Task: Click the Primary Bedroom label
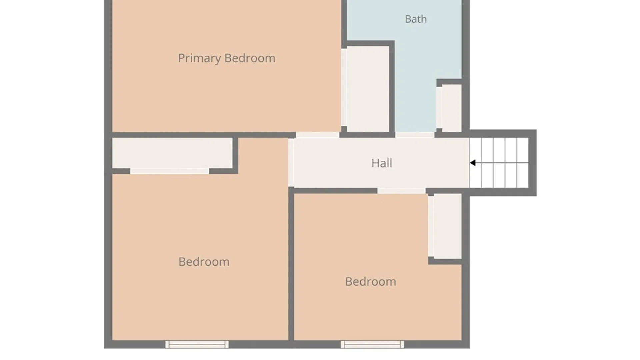tap(227, 58)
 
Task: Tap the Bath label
tap(416, 19)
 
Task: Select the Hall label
tap(382, 163)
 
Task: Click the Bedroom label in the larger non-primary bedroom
tap(204, 262)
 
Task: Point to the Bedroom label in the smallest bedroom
tap(371, 282)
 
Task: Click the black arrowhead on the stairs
tap(473, 163)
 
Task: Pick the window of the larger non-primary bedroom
tap(197, 344)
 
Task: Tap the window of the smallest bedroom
tap(372, 344)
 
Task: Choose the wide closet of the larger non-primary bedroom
tap(172, 153)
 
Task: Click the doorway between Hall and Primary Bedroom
tap(318, 135)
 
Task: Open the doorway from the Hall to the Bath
tap(415, 135)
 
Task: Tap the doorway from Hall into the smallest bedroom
tap(401, 191)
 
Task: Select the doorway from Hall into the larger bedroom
tap(291, 162)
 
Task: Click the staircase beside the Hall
tap(499, 163)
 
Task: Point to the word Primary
tap(199, 58)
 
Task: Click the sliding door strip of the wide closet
tap(169, 171)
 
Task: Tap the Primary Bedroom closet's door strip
tap(344, 87)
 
